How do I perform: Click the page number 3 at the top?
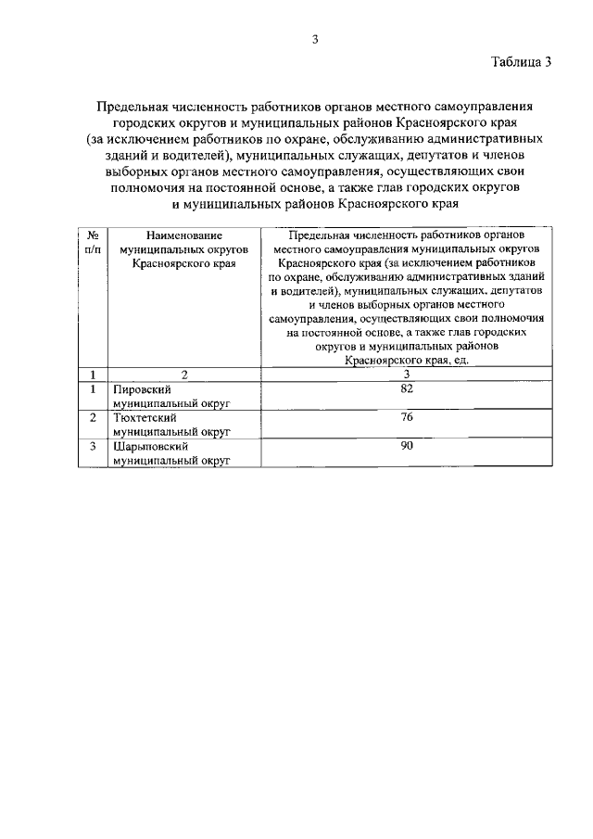coord(315,38)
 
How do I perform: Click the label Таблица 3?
coord(522,63)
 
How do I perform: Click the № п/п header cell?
coord(93,244)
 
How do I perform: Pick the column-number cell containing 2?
coord(183,375)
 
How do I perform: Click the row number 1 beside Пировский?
coord(93,389)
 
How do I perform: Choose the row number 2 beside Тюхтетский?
coord(93,418)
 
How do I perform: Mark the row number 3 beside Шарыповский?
coord(93,446)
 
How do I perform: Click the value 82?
coord(406,388)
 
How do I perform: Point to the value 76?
coord(406,417)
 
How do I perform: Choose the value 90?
coord(406,445)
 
